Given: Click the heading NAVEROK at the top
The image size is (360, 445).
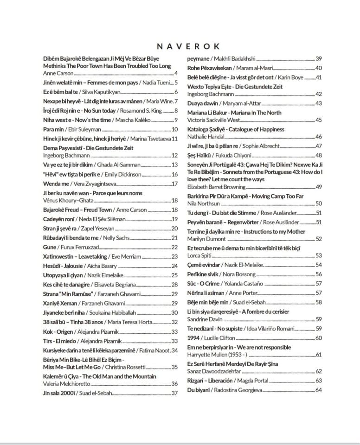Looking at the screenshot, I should (188, 46).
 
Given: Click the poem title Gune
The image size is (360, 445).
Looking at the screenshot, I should (49, 247).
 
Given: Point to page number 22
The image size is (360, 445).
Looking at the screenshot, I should (175, 247).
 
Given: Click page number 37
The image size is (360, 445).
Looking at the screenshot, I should (175, 393).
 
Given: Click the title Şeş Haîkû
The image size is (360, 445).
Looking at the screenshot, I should (199, 155).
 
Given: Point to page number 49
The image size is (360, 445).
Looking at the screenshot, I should (319, 187).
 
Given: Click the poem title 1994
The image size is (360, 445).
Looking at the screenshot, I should (194, 338).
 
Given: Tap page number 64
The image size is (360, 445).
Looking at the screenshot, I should (319, 390).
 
